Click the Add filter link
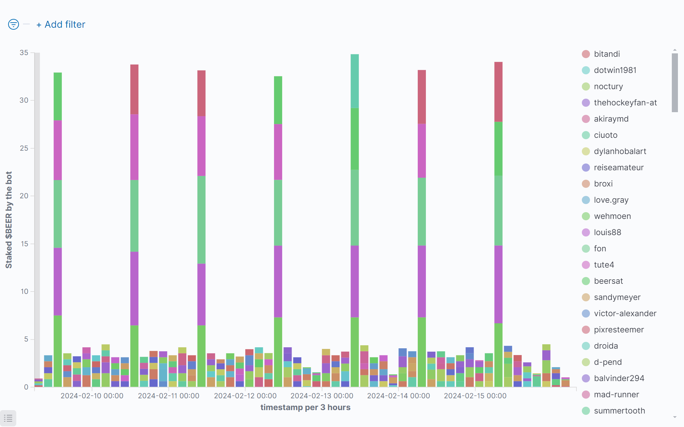[x=61, y=25]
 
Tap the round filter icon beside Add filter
[x=14, y=24]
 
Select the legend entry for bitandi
[x=607, y=54]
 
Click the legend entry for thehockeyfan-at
[x=625, y=103]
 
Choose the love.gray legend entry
[x=611, y=200]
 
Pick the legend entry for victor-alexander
[x=625, y=313]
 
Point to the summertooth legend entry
[x=619, y=411]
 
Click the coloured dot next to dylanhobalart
[x=586, y=151]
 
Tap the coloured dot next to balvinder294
[x=586, y=378]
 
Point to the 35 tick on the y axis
[x=24, y=53]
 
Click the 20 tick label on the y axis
[x=24, y=196]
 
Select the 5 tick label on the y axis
[x=26, y=339]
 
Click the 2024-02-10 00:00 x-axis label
[x=92, y=396]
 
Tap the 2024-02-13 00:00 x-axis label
[x=322, y=396]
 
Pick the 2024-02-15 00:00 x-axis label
[x=475, y=396]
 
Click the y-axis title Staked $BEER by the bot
[x=9, y=220]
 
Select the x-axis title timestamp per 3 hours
[x=305, y=407]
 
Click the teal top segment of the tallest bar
[x=355, y=81]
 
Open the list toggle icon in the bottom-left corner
[x=8, y=418]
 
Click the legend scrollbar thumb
[x=675, y=82]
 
